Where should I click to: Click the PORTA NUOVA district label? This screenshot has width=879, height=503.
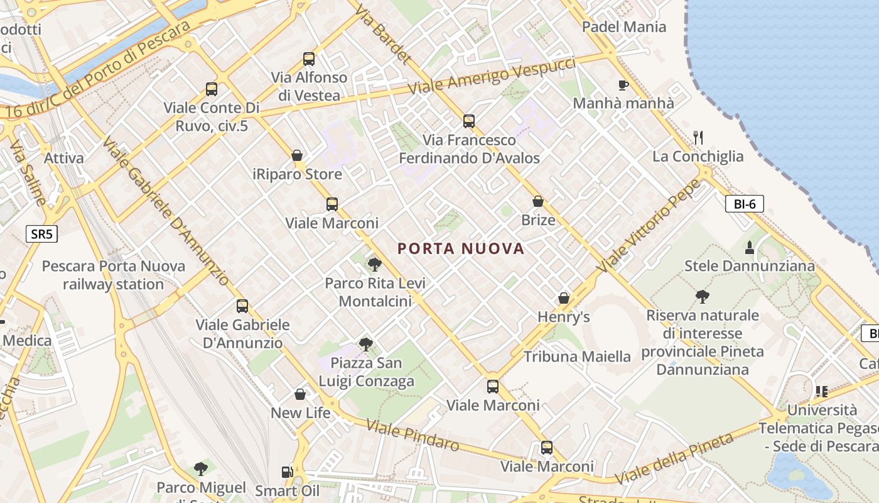pyautogui.click(x=461, y=248)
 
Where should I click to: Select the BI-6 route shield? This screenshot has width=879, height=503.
pyautogui.click(x=745, y=203)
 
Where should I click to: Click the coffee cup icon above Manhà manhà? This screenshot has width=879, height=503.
pyautogui.click(x=623, y=85)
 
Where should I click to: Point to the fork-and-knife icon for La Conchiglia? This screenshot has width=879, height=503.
pyautogui.click(x=698, y=137)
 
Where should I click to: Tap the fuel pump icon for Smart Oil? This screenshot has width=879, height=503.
pyautogui.click(x=287, y=472)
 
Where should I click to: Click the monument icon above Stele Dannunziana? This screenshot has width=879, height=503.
pyautogui.click(x=748, y=247)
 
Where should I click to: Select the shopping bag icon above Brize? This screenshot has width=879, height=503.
pyautogui.click(x=538, y=201)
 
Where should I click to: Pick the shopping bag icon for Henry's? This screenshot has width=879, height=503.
pyautogui.click(x=564, y=298)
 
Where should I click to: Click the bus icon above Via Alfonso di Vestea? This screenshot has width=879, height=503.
pyautogui.click(x=309, y=59)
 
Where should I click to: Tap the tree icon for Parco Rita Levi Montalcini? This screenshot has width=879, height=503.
pyautogui.click(x=375, y=264)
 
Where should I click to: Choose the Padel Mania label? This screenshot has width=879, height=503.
pyautogui.click(x=623, y=26)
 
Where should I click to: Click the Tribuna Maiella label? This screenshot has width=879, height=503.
pyautogui.click(x=577, y=357)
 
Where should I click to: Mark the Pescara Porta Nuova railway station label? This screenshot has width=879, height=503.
pyautogui.click(x=114, y=275)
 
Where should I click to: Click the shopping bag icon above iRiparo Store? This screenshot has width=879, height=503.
pyautogui.click(x=298, y=155)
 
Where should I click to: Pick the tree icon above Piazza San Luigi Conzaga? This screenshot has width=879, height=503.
pyautogui.click(x=365, y=344)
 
